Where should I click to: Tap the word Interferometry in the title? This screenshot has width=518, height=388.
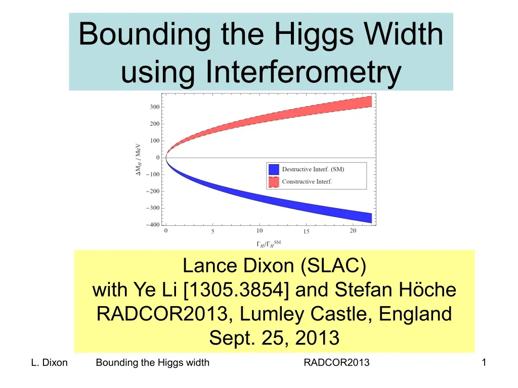point(304,71)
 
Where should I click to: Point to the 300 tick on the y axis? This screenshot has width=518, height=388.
point(155,107)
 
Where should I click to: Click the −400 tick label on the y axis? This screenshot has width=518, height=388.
point(153,225)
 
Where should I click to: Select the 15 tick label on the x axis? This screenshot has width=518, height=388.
point(306,231)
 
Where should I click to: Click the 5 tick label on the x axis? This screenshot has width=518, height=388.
point(213,231)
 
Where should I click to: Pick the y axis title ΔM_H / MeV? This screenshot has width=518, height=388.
point(138,159)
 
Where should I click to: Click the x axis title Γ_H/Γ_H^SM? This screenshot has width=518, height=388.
point(269,244)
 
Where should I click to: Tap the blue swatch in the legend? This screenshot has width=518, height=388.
point(274,169)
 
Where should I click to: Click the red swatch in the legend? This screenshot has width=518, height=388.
point(274,182)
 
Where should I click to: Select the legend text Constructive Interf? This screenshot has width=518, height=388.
point(307,181)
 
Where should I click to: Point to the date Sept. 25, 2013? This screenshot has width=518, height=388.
point(274,338)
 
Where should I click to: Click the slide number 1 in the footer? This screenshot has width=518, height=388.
point(484,362)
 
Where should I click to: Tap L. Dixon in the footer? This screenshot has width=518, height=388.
point(49,362)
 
